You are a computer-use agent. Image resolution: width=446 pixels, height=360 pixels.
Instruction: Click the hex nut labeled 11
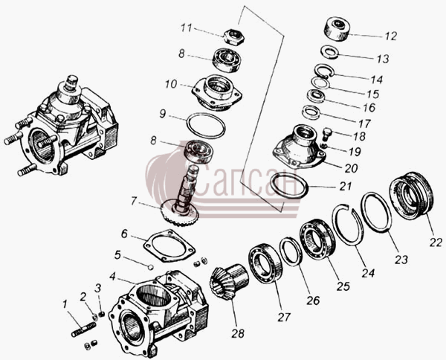[x=234, y=36]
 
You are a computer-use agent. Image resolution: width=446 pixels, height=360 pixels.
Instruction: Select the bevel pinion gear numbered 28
[x=229, y=283]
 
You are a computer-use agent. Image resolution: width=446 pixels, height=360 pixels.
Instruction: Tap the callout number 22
[x=436, y=242]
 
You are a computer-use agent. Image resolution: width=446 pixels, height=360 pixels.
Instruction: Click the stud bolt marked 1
[x=151, y=267]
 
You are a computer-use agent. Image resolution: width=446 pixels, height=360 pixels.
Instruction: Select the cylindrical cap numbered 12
[x=337, y=29]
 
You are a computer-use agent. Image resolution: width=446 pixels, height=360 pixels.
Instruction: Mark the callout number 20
[x=351, y=169]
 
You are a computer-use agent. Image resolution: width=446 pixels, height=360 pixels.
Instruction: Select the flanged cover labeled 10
[x=216, y=93]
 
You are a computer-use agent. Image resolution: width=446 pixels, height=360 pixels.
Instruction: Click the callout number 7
[x=135, y=201]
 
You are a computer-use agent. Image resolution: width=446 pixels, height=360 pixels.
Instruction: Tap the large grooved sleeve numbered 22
[x=411, y=196]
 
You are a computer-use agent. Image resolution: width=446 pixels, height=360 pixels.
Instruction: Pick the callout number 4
[x=113, y=276]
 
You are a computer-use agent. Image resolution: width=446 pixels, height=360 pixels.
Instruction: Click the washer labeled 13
[x=329, y=52]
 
